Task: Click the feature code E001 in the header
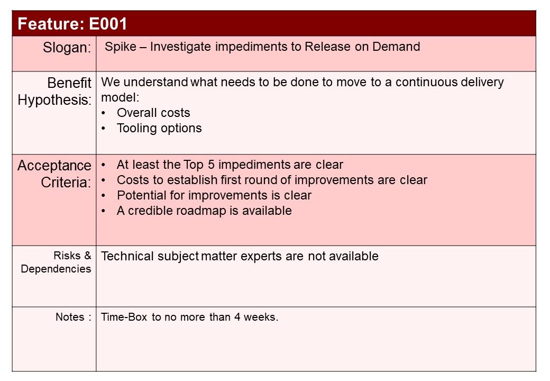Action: point(108,24)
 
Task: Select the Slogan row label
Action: point(67,48)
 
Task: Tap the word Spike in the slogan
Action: point(121,47)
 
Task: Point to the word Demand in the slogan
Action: point(396,47)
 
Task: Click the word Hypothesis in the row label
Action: point(54,100)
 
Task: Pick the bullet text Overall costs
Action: point(153,113)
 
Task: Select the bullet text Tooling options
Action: point(159,128)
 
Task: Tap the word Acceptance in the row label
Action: point(54,165)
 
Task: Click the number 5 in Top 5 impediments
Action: point(211,165)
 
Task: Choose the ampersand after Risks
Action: point(87,256)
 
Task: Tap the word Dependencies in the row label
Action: point(56,269)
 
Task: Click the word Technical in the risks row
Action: point(127,256)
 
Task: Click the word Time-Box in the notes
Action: point(124,317)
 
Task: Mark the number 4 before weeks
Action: point(237,317)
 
